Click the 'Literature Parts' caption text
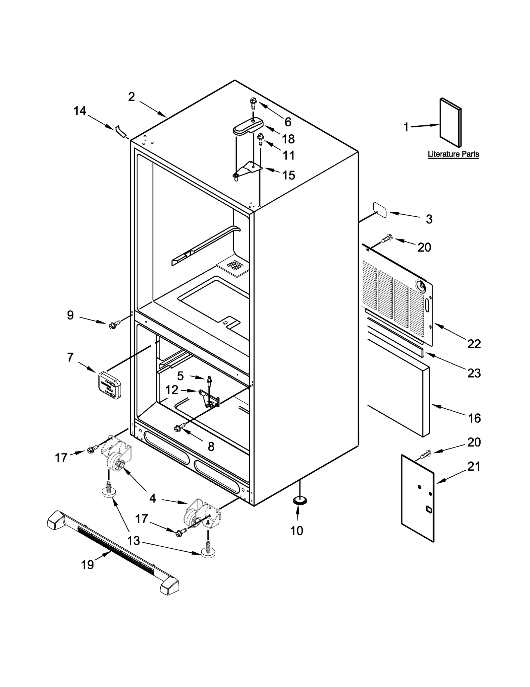click(453, 154)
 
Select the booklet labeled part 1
click(450, 122)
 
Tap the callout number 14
click(80, 111)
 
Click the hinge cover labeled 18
click(248, 127)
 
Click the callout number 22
click(474, 344)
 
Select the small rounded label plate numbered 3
click(380, 210)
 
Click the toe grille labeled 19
click(113, 552)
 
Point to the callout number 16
click(474, 418)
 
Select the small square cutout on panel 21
click(428, 509)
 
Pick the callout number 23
click(474, 373)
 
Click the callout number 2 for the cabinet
click(132, 97)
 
